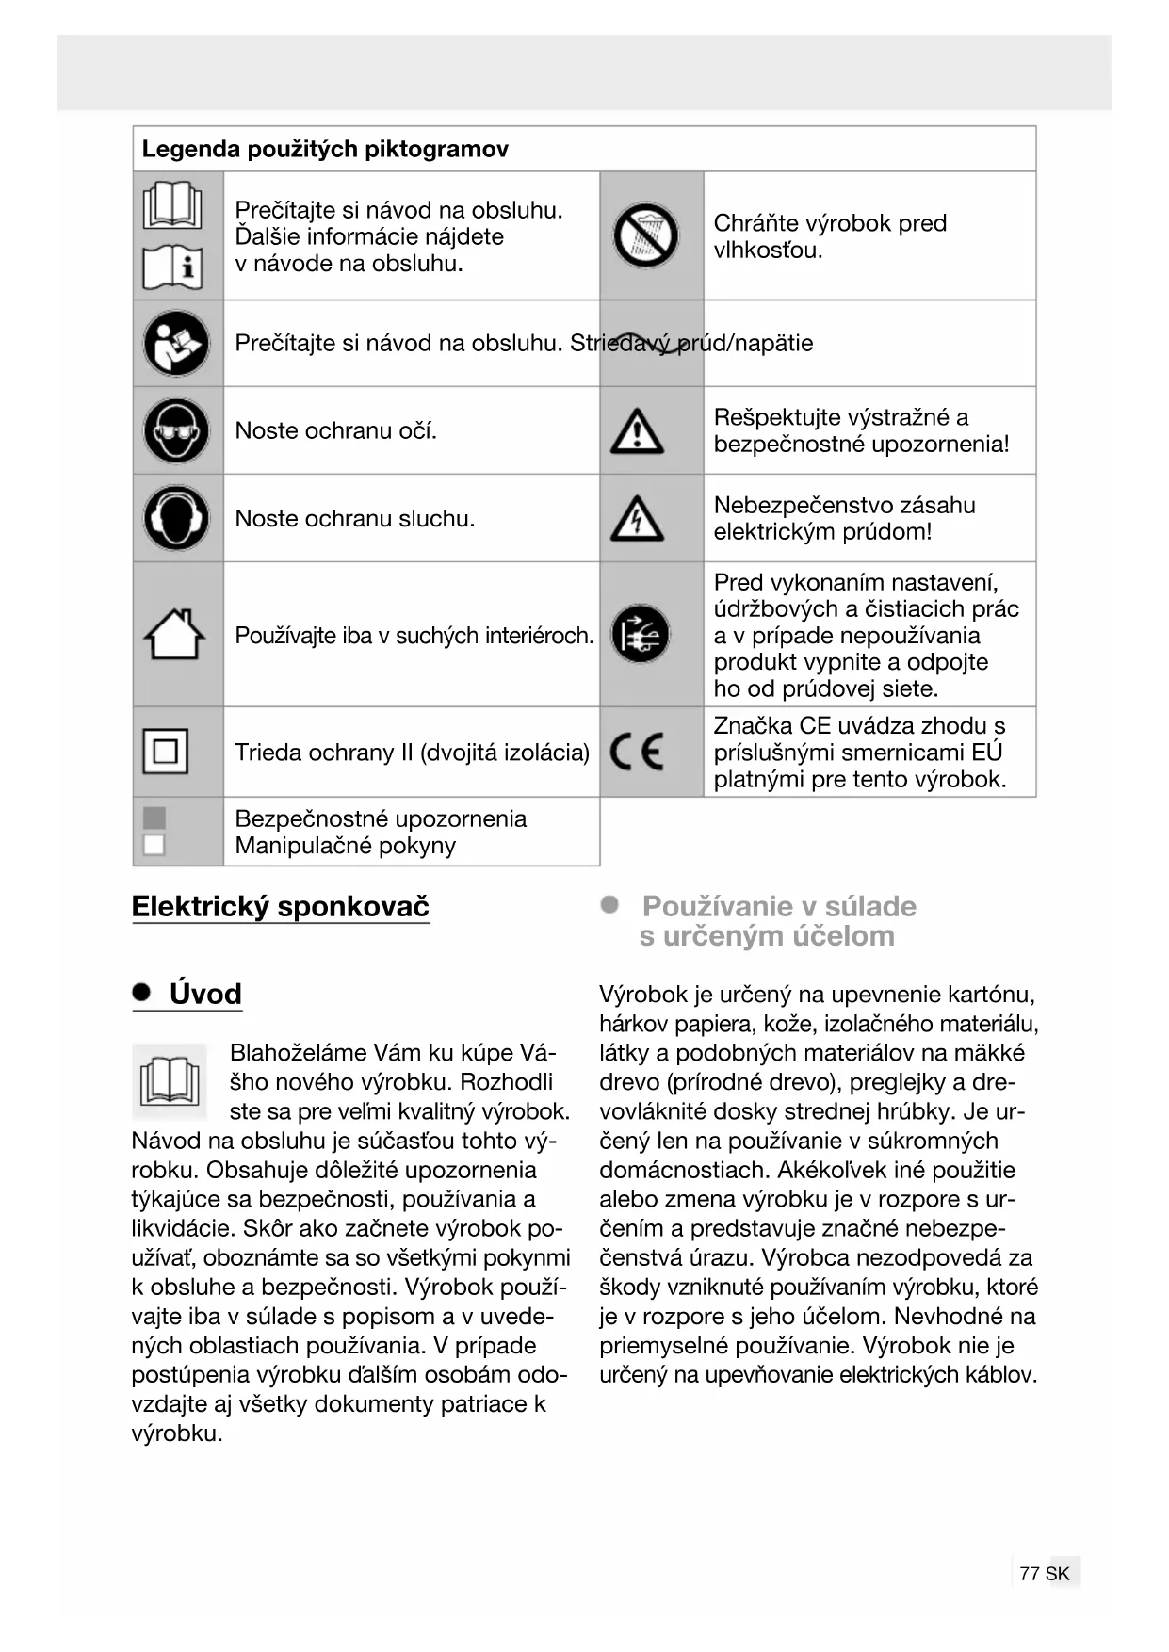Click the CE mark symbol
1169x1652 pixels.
[637, 752]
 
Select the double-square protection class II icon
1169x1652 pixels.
[165, 752]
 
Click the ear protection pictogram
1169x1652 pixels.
[176, 518]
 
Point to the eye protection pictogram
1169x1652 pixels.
[176, 430]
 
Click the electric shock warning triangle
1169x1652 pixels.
[637, 518]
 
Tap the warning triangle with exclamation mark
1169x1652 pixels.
[637, 431]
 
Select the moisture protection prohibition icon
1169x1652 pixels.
[646, 235]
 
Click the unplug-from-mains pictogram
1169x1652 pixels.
[641, 634]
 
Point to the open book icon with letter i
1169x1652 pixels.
[172, 267]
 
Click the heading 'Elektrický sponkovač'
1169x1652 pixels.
[281, 906]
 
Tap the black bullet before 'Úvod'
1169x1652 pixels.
[142, 993]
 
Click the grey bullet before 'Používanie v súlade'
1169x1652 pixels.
[610, 905]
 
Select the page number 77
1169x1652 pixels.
[1029, 1573]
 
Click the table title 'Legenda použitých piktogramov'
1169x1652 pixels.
[325, 149]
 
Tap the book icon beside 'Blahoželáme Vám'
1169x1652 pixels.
[170, 1080]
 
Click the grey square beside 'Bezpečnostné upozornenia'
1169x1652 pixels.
[154, 818]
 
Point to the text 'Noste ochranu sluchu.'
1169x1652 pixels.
[354, 518]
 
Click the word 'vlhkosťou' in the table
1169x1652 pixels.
[767, 251]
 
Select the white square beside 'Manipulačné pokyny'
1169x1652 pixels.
[154, 845]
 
